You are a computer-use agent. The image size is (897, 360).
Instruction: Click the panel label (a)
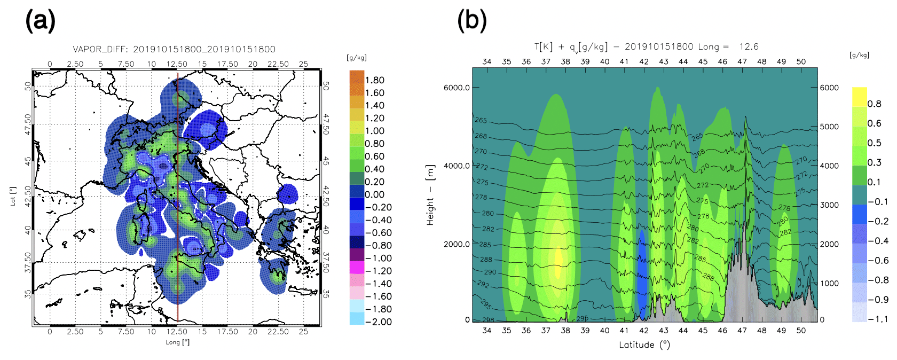(x=40, y=21)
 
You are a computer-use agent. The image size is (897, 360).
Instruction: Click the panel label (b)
(x=472, y=21)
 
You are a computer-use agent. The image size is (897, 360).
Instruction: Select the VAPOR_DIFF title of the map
(x=174, y=49)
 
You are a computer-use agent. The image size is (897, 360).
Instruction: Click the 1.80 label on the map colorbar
(x=374, y=80)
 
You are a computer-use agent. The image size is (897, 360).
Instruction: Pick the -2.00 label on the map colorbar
(x=378, y=322)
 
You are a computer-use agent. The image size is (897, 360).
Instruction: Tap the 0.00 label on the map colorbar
(x=374, y=194)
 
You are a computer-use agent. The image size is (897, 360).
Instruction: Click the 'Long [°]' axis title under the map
(x=177, y=342)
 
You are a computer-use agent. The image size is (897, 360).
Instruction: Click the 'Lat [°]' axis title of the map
(x=13, y=196)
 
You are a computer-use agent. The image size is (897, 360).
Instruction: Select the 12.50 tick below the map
(x=177, y=332)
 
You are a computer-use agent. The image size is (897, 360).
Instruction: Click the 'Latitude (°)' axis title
(x=644, y=345)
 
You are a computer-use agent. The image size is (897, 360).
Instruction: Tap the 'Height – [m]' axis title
(x=430, y=195)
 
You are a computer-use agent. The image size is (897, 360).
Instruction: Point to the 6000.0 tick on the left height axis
(x=457, y=88)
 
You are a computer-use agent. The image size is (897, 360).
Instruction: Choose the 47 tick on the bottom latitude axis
(x=742, y=331)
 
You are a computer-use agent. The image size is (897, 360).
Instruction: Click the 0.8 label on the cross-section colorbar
(x=874, y=104)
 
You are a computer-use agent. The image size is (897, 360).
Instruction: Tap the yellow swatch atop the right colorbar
(x=859, y=97)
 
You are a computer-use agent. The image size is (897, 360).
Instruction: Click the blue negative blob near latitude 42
(x=642, y=272)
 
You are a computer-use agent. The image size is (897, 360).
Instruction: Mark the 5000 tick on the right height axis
(x=829, y=127)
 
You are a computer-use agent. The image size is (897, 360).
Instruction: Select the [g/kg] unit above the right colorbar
(x=859, y=55)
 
